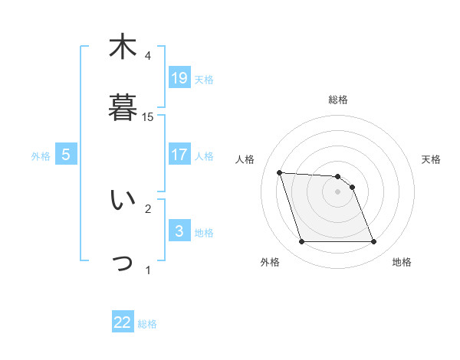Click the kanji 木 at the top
click(x=122, y=47)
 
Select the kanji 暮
click(x=122, y=107)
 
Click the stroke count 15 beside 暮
click(x=149, y=117)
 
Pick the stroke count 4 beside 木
click(x=148, y=55)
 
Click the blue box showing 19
click(x=179, y=77)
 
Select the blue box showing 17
click(x=179, y=155)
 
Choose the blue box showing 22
click(x=123, y=322)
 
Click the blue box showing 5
click(x=66, y=155)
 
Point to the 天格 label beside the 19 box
click(x=204, y=79)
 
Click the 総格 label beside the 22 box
click(x=147, y=324)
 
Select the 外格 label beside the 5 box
click(x=41, y=156)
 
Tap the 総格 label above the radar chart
click(x=338, y=100)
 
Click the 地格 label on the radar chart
click(x=402, y=263)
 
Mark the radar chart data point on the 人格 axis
click(x=280, y=172)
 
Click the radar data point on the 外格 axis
click(x=301, y=242)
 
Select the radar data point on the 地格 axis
click(x=373, y=242)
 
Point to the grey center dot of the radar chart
click(x=338, y=191)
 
